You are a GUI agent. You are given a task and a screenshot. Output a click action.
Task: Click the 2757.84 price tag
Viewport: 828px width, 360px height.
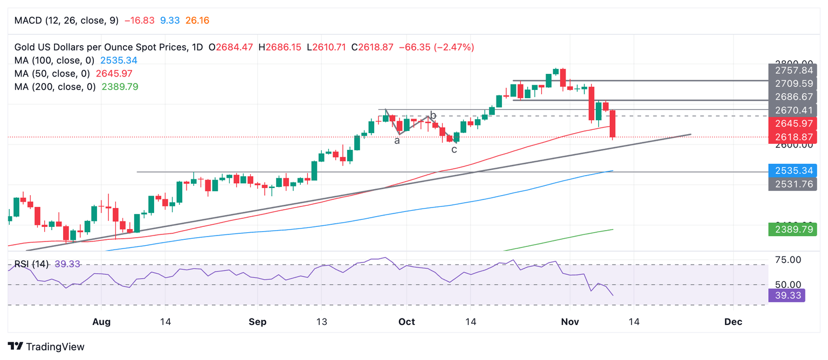coord(792,71)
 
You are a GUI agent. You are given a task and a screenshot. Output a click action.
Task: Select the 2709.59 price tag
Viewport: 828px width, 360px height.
coord(792,84)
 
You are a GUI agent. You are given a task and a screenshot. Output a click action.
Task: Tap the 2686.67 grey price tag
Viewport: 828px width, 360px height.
coord(792,97)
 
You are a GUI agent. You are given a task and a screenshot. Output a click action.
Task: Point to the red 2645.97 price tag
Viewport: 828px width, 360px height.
coord(792,123)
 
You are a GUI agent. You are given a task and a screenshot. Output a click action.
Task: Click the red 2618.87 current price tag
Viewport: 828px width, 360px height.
coord(792,137)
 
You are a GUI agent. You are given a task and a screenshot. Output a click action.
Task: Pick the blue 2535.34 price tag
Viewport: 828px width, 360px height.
coord(792,171)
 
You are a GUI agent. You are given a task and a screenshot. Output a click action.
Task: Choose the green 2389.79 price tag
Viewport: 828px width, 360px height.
coord(792,230)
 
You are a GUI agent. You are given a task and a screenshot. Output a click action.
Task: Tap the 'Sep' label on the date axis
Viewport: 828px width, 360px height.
coord(258,322)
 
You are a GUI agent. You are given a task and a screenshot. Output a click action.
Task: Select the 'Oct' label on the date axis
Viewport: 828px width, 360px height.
coord(406,322)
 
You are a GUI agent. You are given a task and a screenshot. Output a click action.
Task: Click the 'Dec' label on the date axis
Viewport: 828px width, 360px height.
coord(733,322)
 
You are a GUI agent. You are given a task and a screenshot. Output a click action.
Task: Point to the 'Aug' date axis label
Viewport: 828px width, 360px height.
coord(101,322)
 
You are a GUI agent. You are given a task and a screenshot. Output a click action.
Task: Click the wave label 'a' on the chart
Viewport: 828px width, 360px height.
coord(397,141)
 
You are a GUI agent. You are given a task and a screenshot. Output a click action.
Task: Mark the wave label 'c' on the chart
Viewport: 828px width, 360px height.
coord(454,149)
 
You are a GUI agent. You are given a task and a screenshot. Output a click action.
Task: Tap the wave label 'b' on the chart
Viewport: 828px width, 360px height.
coord(433,115)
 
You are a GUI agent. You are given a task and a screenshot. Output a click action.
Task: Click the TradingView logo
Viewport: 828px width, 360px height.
coord(46,347)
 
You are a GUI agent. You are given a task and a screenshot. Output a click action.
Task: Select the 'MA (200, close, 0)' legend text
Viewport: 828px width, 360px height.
coord(55,86)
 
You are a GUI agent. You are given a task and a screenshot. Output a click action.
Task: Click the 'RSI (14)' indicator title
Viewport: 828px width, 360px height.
coord(31,264)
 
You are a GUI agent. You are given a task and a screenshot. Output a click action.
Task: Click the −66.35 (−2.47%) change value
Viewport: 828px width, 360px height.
coord(436,47)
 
